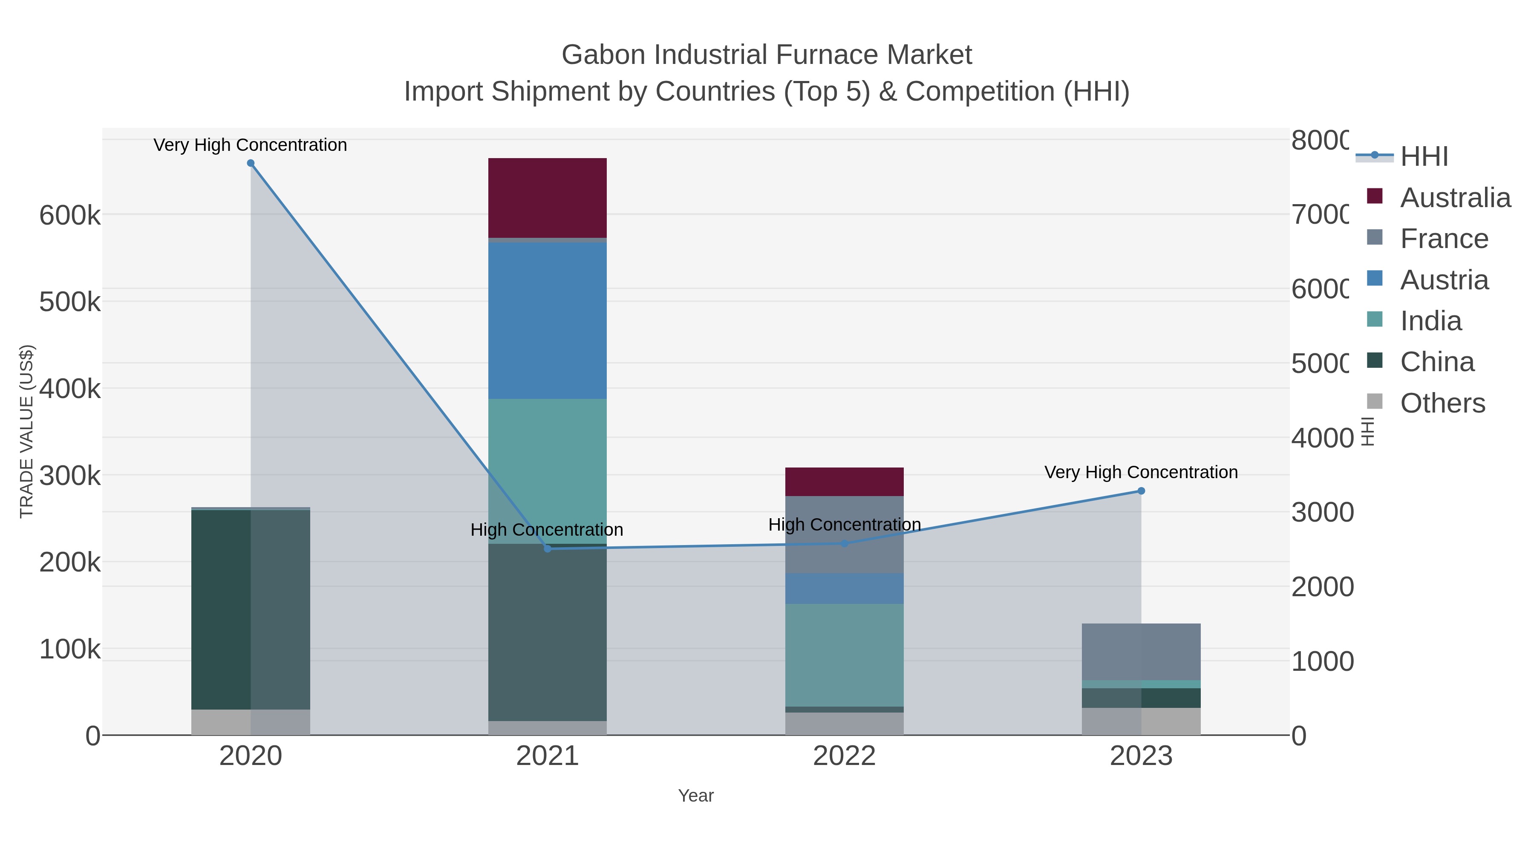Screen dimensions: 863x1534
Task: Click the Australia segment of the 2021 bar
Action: click(547, 198)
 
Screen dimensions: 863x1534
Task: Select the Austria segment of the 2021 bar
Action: click(547, 320)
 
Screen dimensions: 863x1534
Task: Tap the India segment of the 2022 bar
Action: click(844, 655)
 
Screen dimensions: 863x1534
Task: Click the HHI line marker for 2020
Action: click(251, 163)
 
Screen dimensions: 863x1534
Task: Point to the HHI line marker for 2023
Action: click(1141, 491)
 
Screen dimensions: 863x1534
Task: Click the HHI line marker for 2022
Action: click(844, 543)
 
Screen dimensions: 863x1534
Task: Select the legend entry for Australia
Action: click(1455, 198)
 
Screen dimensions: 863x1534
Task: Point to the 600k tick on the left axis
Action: click(70, 215)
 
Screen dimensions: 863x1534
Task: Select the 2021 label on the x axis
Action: click(547, 756)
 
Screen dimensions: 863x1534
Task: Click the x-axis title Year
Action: click(695, 796)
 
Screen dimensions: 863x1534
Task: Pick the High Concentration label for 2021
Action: click(547, 529)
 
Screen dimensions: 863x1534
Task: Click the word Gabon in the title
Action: click(603, 55)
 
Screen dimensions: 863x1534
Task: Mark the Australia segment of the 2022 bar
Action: click(844, 481)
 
